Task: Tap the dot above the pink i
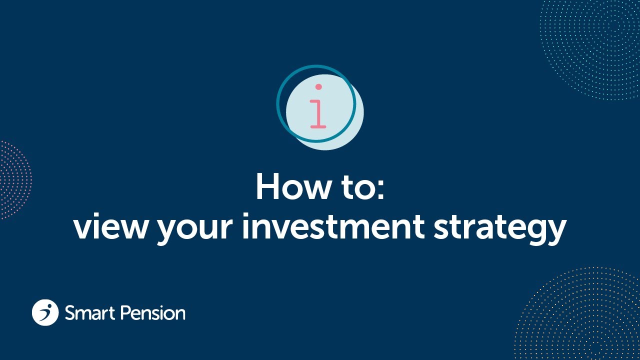click(x=318, y=87)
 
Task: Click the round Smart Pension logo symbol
click(x=45, y=312)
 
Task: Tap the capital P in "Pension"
click(x=125, y=313)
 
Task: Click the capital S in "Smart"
click(x=70, y=313)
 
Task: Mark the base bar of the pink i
click(x=318, y=126)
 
